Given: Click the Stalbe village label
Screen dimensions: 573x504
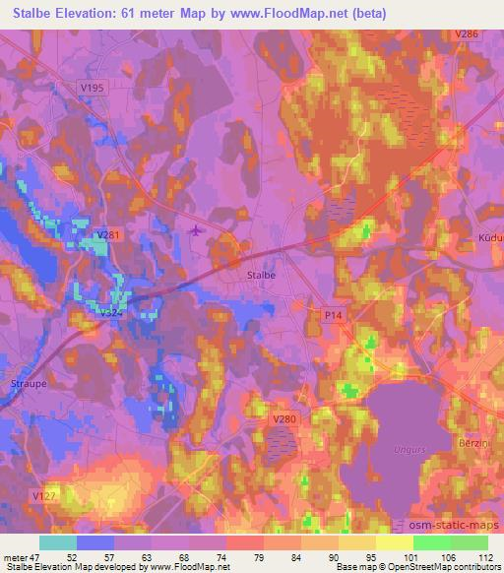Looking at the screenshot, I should pyautogui.click(x=261, y=276).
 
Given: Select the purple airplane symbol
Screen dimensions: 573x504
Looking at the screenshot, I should pyautogui.click(x=196, y=230).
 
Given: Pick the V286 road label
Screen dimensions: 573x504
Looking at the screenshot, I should pyautogui.click(x=468, y=34).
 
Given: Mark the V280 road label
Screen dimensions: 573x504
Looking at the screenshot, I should pyautogui.click(x=283, y=418).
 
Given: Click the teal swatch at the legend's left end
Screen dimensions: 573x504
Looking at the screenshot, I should pyautogui.click(x=57, y=542).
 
